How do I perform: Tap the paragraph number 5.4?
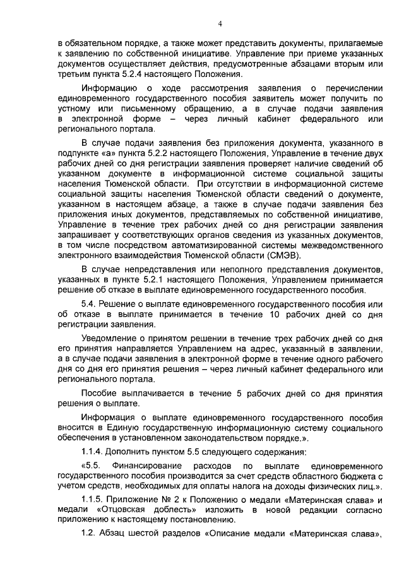91,305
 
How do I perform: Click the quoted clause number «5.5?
92,466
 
